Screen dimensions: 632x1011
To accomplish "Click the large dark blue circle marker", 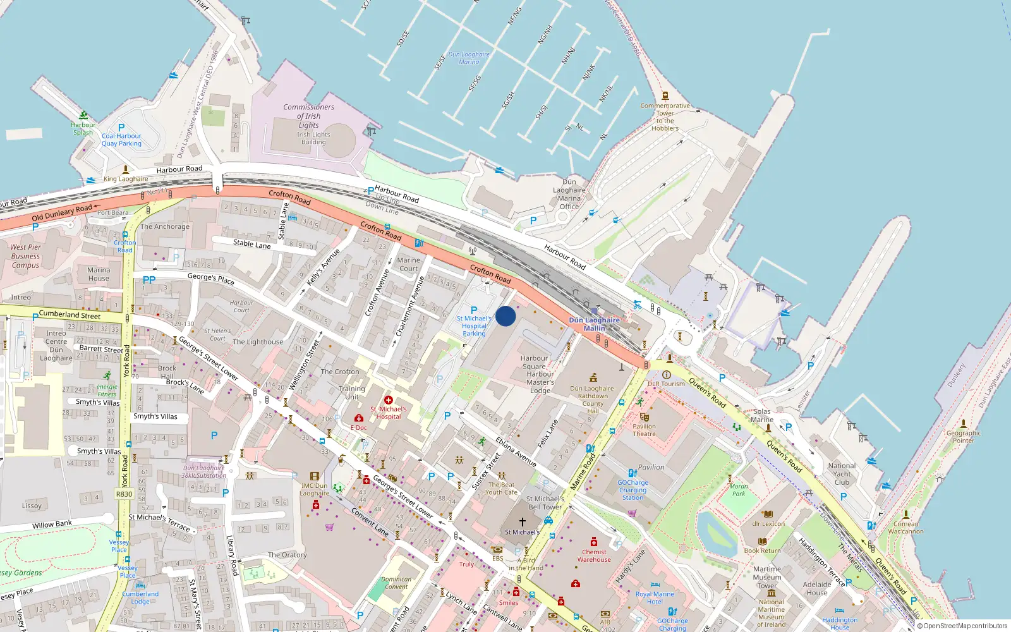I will [x=505, y=316].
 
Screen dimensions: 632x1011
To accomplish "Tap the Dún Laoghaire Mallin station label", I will [x=594, y=324].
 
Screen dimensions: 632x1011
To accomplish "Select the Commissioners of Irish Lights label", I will [x=308, y=116].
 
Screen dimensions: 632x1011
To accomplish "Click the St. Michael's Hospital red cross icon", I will [x=389, y=400].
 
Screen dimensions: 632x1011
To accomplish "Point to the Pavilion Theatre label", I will [x=644, y=430].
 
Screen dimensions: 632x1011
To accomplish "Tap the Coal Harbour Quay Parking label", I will [x=121, y=140].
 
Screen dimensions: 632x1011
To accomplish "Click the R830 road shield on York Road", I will [x=124, y=494].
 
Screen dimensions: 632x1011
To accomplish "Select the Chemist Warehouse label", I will [x=594, y=556].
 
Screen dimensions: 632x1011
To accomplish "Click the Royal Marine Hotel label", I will [x=655, y=597].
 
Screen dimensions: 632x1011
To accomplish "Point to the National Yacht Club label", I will [x=842, y=473].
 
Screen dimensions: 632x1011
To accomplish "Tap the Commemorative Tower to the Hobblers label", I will [x=665, y=117].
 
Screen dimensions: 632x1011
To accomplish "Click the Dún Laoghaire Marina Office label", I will [x=569, y=194].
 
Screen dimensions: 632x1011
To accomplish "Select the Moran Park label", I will [x=738, y=490].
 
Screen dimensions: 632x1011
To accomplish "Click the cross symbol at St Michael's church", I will [x=522, y=522].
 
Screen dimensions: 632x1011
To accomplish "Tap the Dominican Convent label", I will [x=396, y=583].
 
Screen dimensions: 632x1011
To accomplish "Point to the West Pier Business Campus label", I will [x=25, y=256].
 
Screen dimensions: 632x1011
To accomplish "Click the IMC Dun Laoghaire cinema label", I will [x=314, y=489].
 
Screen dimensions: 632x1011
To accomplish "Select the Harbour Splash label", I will [x=83, y=128].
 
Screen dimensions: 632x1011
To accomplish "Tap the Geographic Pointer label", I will [x=963, y=436].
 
